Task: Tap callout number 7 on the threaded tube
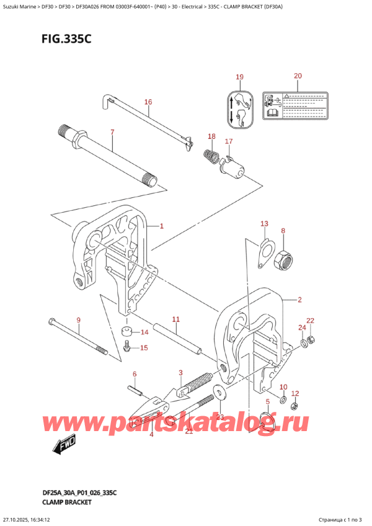112,131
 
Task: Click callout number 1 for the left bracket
162,226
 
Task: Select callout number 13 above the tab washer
264,223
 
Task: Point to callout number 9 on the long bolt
78,320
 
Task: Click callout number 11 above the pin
175,319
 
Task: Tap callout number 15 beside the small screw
144,348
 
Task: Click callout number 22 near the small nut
311,321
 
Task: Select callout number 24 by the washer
302,328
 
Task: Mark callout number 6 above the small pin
134,374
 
